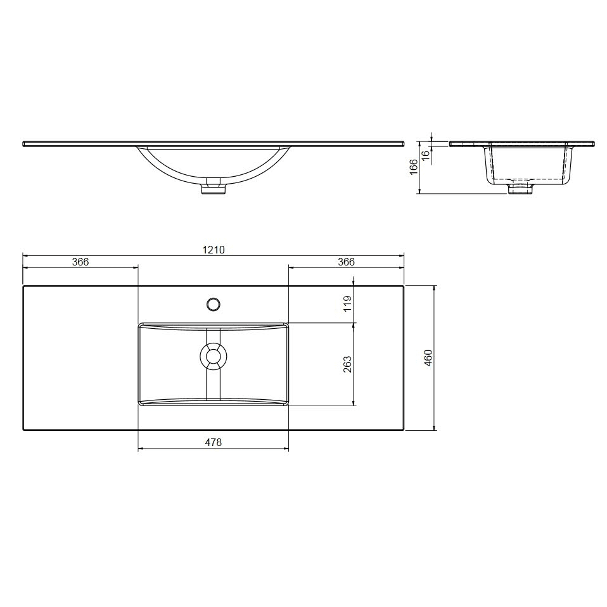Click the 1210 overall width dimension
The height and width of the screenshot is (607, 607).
click(214, 250)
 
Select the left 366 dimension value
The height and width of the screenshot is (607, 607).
click(80, 262)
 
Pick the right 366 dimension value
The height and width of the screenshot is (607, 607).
click(346, 262)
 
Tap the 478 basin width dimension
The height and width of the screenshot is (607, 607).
click(214, 442)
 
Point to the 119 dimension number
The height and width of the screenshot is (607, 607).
click(347, 304)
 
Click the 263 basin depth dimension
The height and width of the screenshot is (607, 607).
click(347, 364)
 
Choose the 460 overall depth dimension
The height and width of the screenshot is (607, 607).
click(428, 358)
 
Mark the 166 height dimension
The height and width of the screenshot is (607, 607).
click(414, 167)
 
